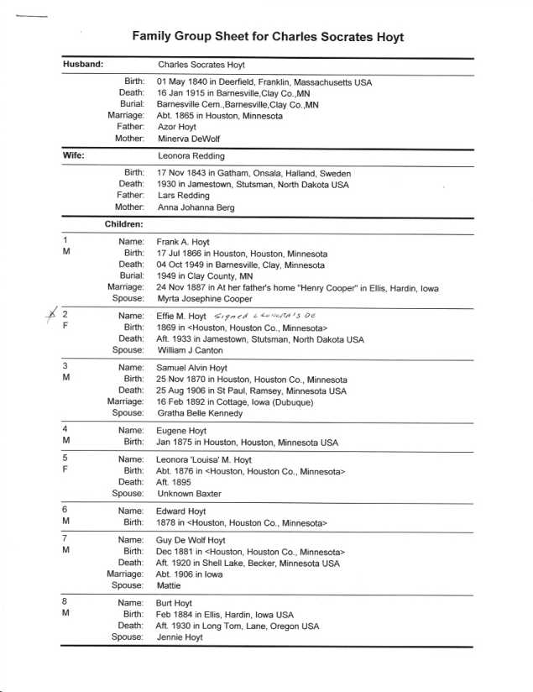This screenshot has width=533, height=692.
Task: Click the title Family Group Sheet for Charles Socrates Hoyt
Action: click(x=268, y=37)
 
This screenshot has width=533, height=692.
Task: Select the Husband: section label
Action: click(x=83, y=64)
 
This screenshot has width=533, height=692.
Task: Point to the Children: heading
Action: click(x=124, y=224)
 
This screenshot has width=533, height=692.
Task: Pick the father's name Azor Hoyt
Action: click(x=177, y=126)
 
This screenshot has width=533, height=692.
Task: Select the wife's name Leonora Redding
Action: click(x=191, y=155)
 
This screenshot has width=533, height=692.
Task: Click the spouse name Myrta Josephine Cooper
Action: click(x=213, y=298)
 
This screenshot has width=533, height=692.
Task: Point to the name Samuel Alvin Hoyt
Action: click(x=198, y=368)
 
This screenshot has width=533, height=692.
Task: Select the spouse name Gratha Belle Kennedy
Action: click(x=200, y=412)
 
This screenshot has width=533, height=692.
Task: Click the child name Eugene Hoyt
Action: click(x=180, y=431)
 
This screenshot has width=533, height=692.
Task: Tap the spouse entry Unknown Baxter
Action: click(x=190, y=494)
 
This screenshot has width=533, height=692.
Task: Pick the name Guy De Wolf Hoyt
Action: click(x=191, y=540)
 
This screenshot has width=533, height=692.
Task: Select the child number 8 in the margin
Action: click(x=65, y=603)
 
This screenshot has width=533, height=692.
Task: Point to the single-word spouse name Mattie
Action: click(x=169, y=585)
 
